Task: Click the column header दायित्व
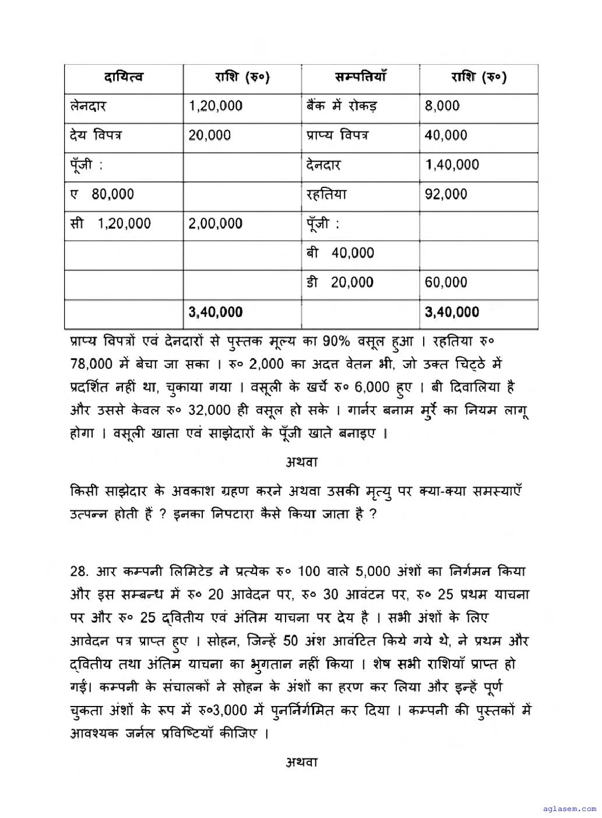(124, 77)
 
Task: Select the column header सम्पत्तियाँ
(360, 77)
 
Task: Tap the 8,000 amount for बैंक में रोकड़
(442, 106)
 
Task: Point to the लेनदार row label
(88, 106)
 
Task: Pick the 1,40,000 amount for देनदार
(452, 165)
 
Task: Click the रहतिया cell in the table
(326, 194)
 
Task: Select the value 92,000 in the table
(446, 194)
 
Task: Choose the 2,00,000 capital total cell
(216, 223)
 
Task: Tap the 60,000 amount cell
(446, 282)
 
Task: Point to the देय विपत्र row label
(96, 135)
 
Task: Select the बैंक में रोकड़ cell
(342, 106)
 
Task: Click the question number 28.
(78, 571)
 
